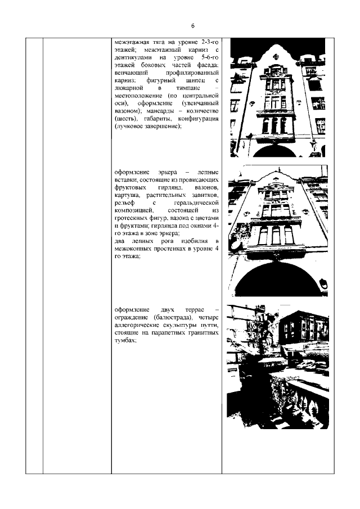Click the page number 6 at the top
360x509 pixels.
point(192,26)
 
